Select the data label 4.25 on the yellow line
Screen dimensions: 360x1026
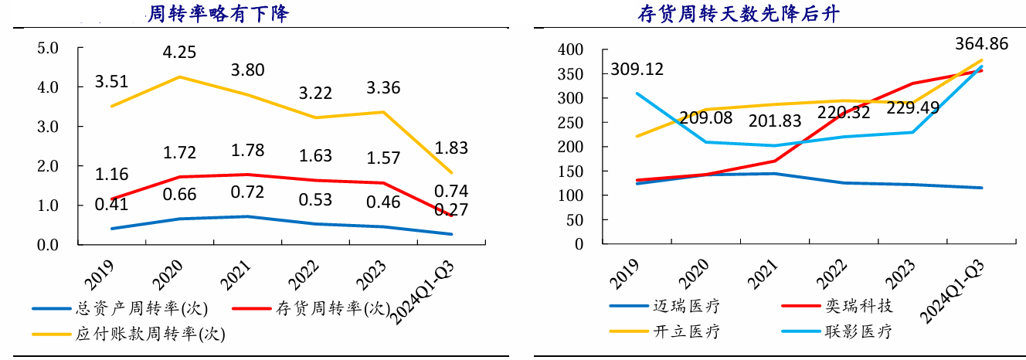[179, 53]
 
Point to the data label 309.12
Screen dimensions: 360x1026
[637, 70]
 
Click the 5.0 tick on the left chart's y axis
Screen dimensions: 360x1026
[48, 49]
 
